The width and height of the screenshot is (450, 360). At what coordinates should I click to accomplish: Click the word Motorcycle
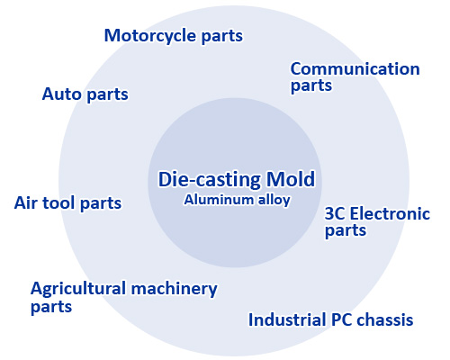coord(150,36)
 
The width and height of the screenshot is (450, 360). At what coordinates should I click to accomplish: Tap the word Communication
coord(355,68)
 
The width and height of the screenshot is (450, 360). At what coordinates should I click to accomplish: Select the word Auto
coord(62,94)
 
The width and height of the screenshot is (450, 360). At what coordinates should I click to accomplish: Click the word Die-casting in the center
coord(210,179)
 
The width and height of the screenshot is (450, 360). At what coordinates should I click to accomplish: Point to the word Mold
coord(291,179)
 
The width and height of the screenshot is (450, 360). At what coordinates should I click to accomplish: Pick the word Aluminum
coord(219,200)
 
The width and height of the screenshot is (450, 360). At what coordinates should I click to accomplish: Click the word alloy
coord(274,200)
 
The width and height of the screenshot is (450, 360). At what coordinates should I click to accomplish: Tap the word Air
coord(26,203)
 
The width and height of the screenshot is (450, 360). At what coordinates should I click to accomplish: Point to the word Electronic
coord(390,213)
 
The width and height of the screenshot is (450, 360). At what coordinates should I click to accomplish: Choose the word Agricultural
coord(78,289)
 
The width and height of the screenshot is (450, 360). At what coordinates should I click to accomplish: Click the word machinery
coord(175,289)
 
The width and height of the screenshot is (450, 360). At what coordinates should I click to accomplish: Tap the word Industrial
coord(288,319)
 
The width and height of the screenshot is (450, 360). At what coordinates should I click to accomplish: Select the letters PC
coord(341,319)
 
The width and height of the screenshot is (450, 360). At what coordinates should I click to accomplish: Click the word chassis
coord(385,319)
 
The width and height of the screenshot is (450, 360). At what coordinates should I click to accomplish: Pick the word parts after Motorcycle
coord(221,37)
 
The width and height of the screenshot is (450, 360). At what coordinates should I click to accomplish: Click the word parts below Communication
coord(311,86)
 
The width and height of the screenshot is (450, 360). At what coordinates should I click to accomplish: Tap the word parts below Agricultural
coord(51,308)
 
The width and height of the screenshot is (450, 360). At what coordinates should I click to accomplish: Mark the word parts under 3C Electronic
coord(346,231)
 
